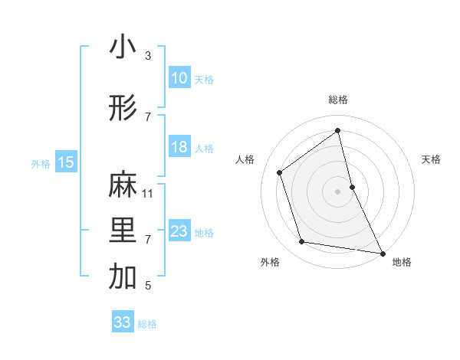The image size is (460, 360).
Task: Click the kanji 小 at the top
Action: (123, 47)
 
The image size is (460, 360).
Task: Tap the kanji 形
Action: (123, 110)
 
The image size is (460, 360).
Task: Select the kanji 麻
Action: (123, 186)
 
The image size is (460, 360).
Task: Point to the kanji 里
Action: (123, 232)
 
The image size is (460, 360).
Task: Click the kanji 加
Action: (123, 278)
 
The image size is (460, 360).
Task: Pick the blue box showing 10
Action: (179, 78)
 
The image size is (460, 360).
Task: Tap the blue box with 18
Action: (179, 147)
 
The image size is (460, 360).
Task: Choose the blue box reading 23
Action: (179, 231)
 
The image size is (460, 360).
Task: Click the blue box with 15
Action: (66, 162)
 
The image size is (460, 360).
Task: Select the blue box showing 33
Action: (122, 322)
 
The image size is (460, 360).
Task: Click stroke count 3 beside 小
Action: (148, 56)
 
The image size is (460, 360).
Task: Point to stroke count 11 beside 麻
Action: (148, 193)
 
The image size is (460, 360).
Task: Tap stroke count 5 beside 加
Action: (148, 286)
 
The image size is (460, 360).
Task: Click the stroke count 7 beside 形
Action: (148, 116)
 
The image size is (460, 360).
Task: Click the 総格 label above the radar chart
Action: (338, 100)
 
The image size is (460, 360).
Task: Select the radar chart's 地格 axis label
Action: (402, 263)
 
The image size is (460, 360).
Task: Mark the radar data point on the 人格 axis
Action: (280, 172)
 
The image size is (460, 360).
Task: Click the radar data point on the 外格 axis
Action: (302, 242)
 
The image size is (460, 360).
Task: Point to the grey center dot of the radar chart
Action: (338, 191)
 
